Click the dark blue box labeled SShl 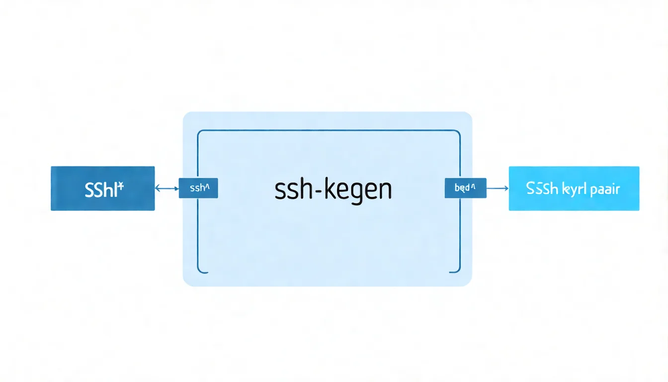click(103, 189)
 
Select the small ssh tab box click(198, 189)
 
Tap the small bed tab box click(465, 188)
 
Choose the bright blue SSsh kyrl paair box click(574, 189)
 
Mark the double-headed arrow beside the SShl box click(167, 189)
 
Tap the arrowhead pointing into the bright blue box click(506, 188)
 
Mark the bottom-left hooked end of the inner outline click(201, 272)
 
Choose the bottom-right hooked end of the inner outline click(456, 272)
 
